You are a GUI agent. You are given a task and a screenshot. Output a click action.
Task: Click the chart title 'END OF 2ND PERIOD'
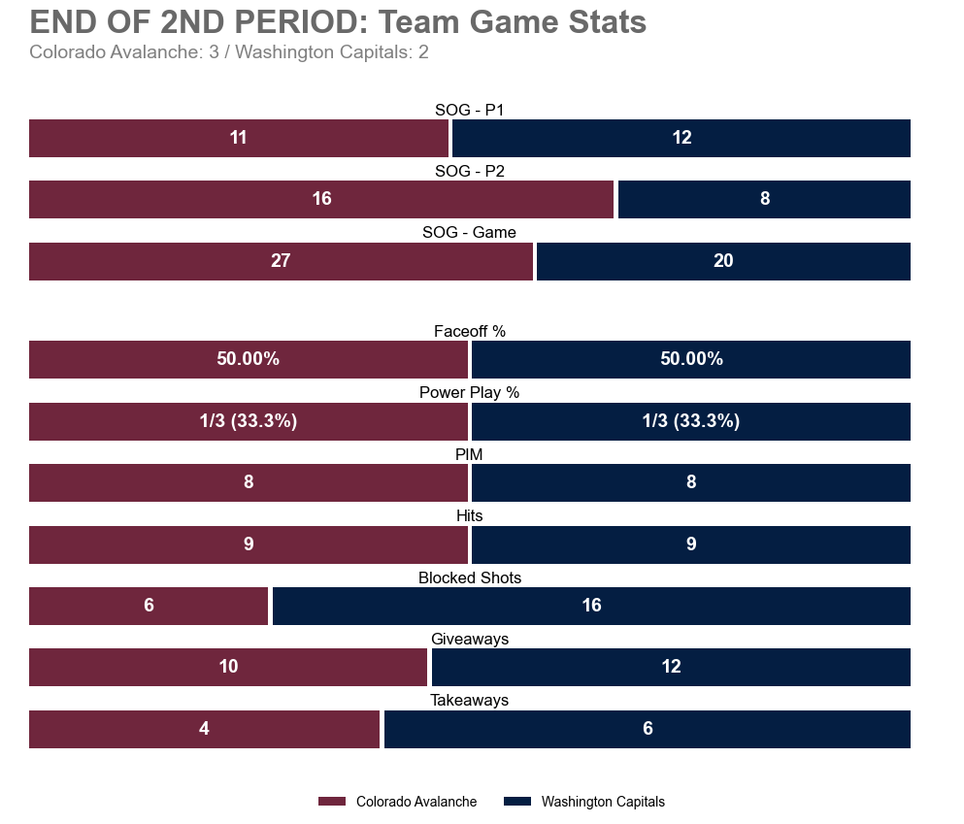tap(338, 22)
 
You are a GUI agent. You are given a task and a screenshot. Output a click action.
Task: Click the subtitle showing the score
tap(229, 52)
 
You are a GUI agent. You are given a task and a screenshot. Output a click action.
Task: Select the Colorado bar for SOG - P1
tap(238, 138)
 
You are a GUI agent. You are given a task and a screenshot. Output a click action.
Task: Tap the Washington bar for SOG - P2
tap(764, 199)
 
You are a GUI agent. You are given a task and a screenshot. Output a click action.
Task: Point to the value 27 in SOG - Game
tap(281, 261)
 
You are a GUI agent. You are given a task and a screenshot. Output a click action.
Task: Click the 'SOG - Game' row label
tap(469, 233)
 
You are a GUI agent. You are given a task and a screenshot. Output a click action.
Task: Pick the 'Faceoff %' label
tap(469, 332)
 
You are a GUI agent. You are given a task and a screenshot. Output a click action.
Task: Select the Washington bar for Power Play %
tap(690, 421)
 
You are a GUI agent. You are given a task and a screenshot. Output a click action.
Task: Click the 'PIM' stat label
tap(469, 454)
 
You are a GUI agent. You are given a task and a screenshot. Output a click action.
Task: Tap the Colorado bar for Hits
tap(248, 544)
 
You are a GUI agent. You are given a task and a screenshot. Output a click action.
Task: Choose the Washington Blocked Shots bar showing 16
tap(591, 606)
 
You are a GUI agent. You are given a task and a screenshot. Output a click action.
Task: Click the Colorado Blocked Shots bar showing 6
tap(149, 606)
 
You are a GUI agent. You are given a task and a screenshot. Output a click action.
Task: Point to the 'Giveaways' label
tap(469, 640)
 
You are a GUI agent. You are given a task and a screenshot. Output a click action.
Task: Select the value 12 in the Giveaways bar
tap(671, 667)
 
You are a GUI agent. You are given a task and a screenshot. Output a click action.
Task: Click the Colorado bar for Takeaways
tap(204, 729)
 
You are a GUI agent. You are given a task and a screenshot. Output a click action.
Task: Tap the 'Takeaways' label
tap(469, 701)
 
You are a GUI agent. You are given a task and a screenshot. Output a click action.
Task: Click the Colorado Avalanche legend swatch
tap(331, 802)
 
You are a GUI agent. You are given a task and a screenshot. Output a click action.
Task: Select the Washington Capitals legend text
tap(602, 802)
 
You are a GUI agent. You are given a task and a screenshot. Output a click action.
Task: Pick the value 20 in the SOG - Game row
tap(723, 261)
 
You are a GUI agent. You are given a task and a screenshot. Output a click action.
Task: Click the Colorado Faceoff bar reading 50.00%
tap(248, 359)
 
